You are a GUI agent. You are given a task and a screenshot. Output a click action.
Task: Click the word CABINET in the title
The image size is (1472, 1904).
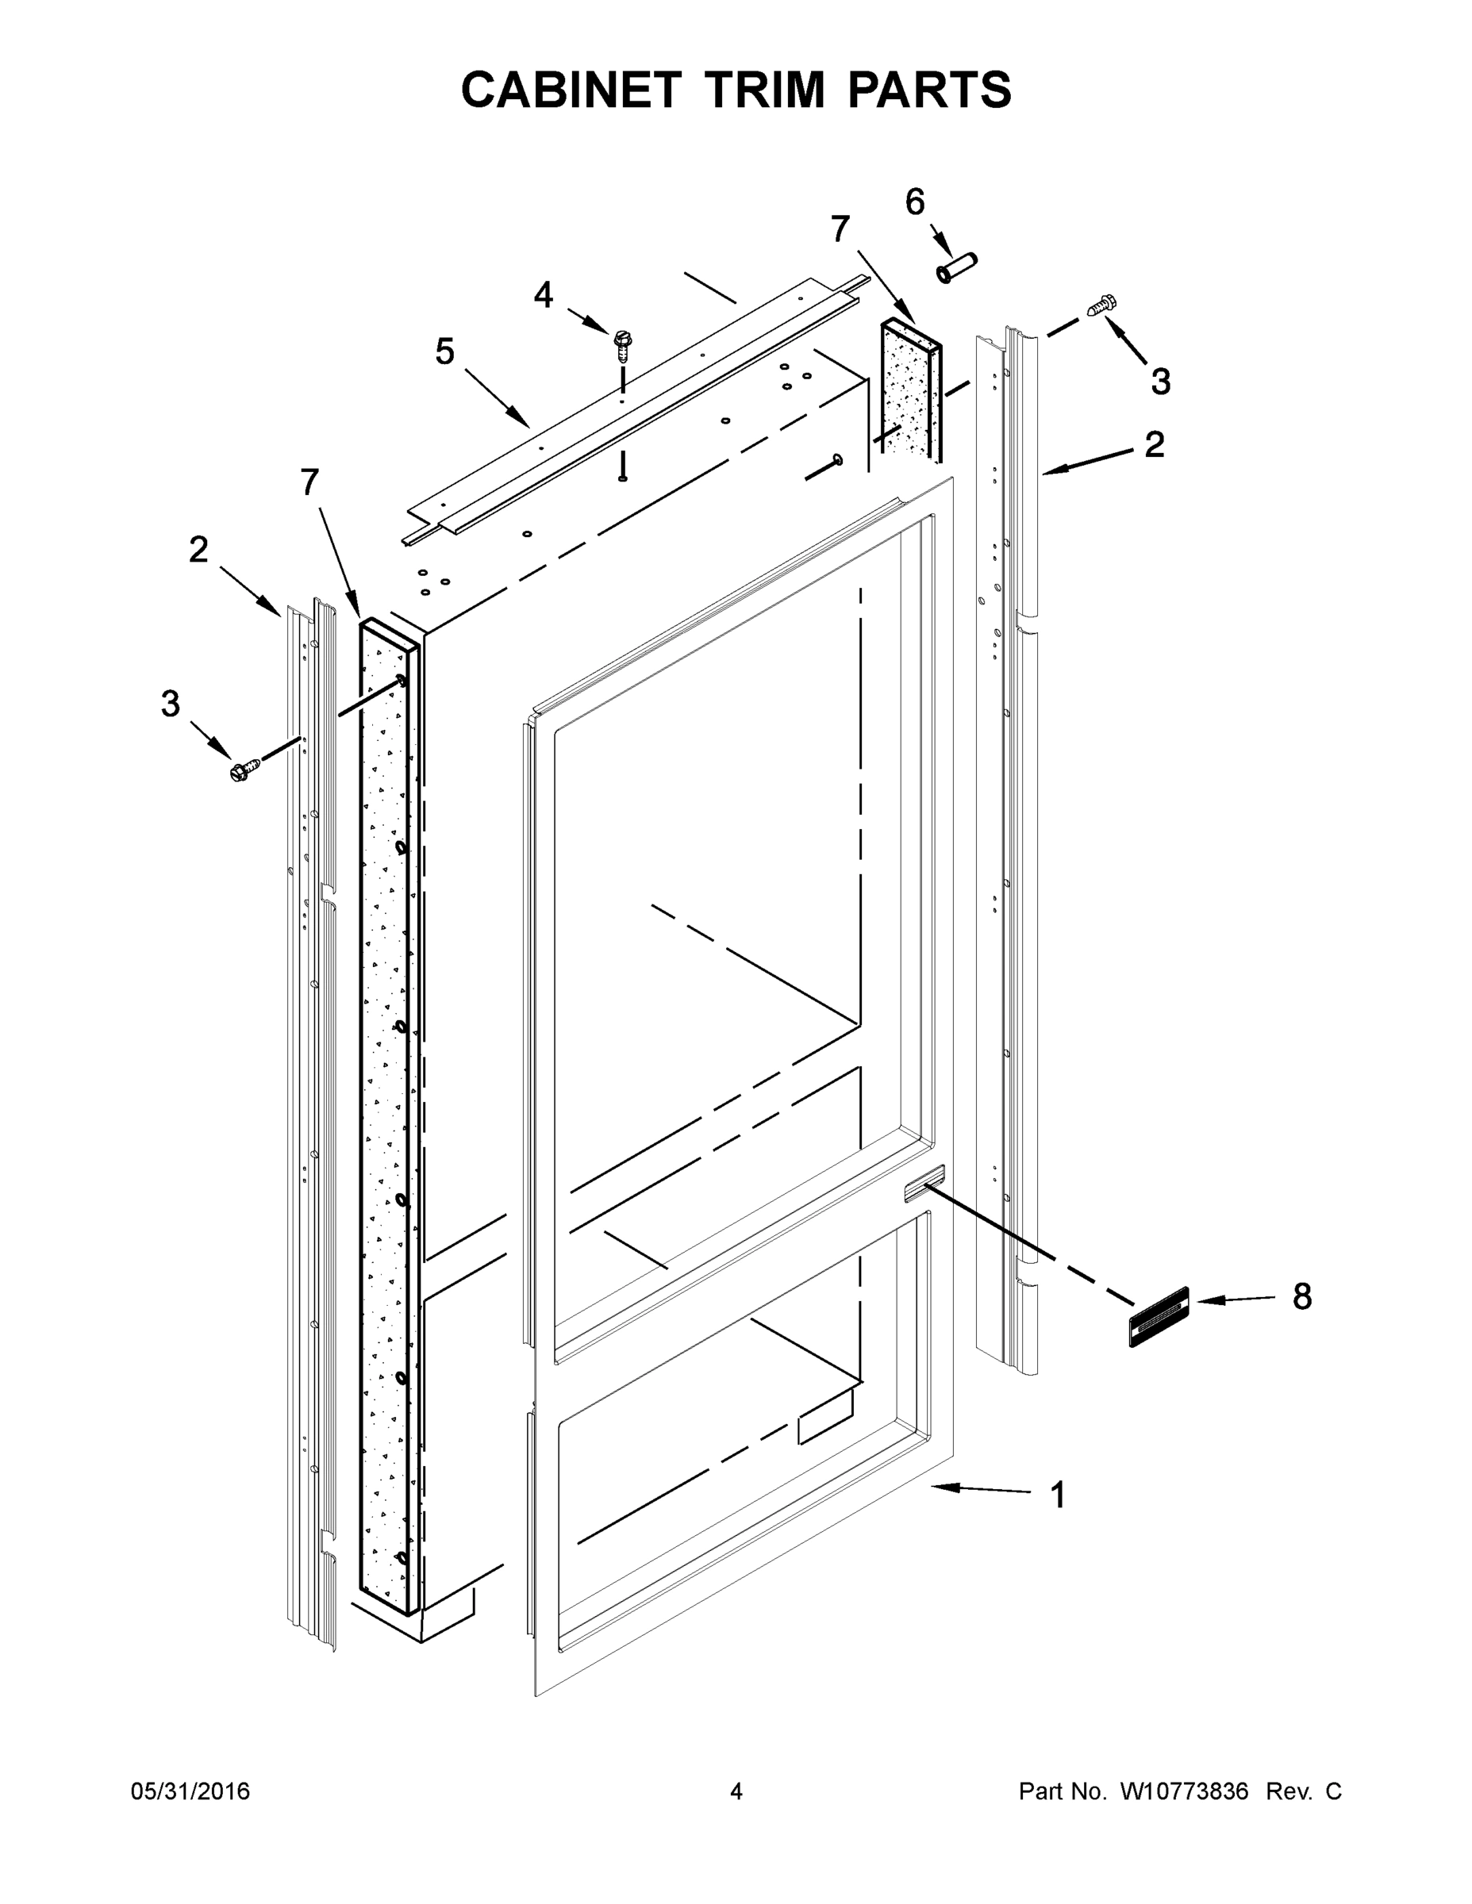pos(571,90)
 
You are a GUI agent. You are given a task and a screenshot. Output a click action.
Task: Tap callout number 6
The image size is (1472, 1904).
pos(915,202)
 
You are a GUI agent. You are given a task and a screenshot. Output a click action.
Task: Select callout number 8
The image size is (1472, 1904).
pos(1302,1296)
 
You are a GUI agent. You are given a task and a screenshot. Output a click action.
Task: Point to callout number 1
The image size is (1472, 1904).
pos(1058,1495)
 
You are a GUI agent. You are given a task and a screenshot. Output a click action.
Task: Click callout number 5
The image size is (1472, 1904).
pos(444,352)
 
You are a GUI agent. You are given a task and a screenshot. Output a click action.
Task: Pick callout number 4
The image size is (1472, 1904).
pos(544,296)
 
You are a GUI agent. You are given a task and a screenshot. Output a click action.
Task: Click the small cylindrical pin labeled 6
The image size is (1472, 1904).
pos(957,267)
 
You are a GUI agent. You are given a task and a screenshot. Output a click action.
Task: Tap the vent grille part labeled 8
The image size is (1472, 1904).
pos(1159,1316)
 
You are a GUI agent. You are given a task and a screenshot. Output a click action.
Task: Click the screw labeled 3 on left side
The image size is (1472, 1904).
pos(244,770)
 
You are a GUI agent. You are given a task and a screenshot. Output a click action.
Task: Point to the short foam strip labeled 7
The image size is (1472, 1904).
pos(911,388)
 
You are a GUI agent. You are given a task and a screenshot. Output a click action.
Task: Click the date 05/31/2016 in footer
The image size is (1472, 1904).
pos(190,1791)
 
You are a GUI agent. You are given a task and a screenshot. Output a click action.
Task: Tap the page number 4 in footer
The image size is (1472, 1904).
pos(736,1791)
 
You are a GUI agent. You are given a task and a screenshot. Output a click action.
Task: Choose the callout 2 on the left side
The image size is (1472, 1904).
pos(199,550)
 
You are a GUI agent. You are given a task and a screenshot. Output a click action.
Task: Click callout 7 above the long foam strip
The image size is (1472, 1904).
pos(309,482)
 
